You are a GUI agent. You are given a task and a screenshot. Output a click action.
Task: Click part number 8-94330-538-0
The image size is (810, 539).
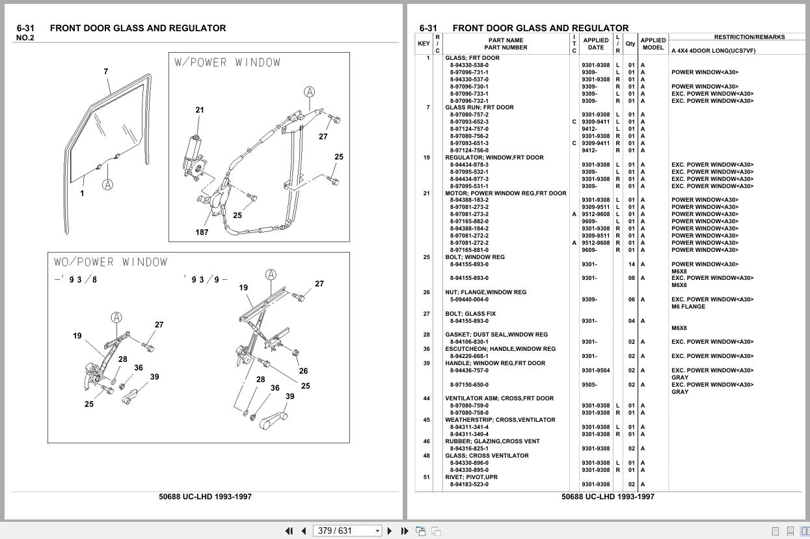469,65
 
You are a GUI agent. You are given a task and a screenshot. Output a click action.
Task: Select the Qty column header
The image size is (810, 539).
630,44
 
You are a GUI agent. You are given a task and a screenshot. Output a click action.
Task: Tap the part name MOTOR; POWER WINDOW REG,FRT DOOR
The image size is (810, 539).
506,193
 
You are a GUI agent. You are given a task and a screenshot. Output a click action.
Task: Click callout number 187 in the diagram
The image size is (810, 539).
202,232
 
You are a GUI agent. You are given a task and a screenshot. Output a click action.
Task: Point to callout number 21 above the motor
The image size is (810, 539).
200,109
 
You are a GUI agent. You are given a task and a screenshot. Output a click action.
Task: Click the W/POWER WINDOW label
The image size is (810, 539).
228,62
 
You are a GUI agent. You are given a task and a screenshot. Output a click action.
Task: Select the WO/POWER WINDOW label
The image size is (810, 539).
111,262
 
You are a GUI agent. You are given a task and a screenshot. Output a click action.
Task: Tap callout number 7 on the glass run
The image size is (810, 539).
105,72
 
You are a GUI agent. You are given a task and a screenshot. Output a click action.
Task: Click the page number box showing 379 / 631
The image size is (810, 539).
347,531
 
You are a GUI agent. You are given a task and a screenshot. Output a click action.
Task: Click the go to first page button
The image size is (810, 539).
289,531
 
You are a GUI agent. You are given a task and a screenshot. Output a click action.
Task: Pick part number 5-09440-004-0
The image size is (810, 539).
469,299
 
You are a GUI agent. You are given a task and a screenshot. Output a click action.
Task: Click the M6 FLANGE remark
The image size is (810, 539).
688,307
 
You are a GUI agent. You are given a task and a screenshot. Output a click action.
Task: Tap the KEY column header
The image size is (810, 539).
424,44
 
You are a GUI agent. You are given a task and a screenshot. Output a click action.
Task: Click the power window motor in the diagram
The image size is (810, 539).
193,157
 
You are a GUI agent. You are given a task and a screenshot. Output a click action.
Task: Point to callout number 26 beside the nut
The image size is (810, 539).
303,371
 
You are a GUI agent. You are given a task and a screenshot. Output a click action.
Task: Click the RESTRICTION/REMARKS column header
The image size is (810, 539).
749,37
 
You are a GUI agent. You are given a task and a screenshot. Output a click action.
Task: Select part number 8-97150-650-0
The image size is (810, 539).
469,385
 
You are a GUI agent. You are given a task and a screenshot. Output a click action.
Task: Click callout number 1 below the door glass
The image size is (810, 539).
82,193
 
